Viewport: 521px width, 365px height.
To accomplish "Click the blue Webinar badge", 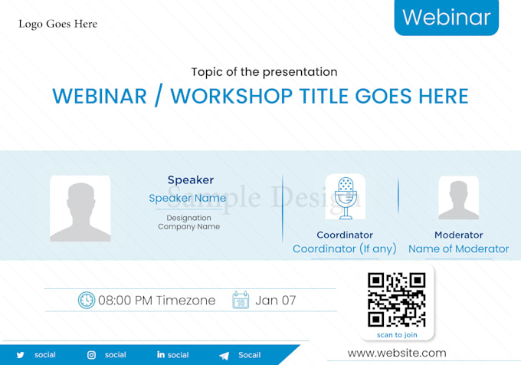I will [446, 17].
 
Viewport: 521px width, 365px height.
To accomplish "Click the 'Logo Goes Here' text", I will [58, 24].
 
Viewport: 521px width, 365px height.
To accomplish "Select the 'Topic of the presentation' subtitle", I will [264, 72].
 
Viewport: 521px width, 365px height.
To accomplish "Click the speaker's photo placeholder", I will [80, 209].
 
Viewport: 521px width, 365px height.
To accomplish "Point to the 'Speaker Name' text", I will [188, 198].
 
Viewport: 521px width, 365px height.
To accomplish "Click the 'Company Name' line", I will [188, 227].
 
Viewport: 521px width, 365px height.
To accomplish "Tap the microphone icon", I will [345, 197].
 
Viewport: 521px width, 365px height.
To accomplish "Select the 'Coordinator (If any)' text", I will [345, 248].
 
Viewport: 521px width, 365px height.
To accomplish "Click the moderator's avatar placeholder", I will [458, 198].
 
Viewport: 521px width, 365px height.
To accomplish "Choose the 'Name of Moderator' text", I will [458, 248].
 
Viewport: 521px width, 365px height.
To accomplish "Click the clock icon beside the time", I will [87, 301].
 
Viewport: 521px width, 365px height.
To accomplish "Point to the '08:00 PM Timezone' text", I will [157, 301].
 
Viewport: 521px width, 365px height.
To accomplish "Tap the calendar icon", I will [241, 301].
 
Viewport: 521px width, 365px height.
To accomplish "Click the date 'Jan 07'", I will [276, 301].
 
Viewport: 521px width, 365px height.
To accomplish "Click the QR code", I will [397, 299].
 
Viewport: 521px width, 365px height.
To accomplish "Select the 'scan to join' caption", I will [397, 335].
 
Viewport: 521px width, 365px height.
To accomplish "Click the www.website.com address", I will [397, 353].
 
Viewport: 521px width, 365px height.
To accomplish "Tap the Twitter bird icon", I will [21, 355].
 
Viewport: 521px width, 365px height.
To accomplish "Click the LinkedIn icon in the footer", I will [161, 355].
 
